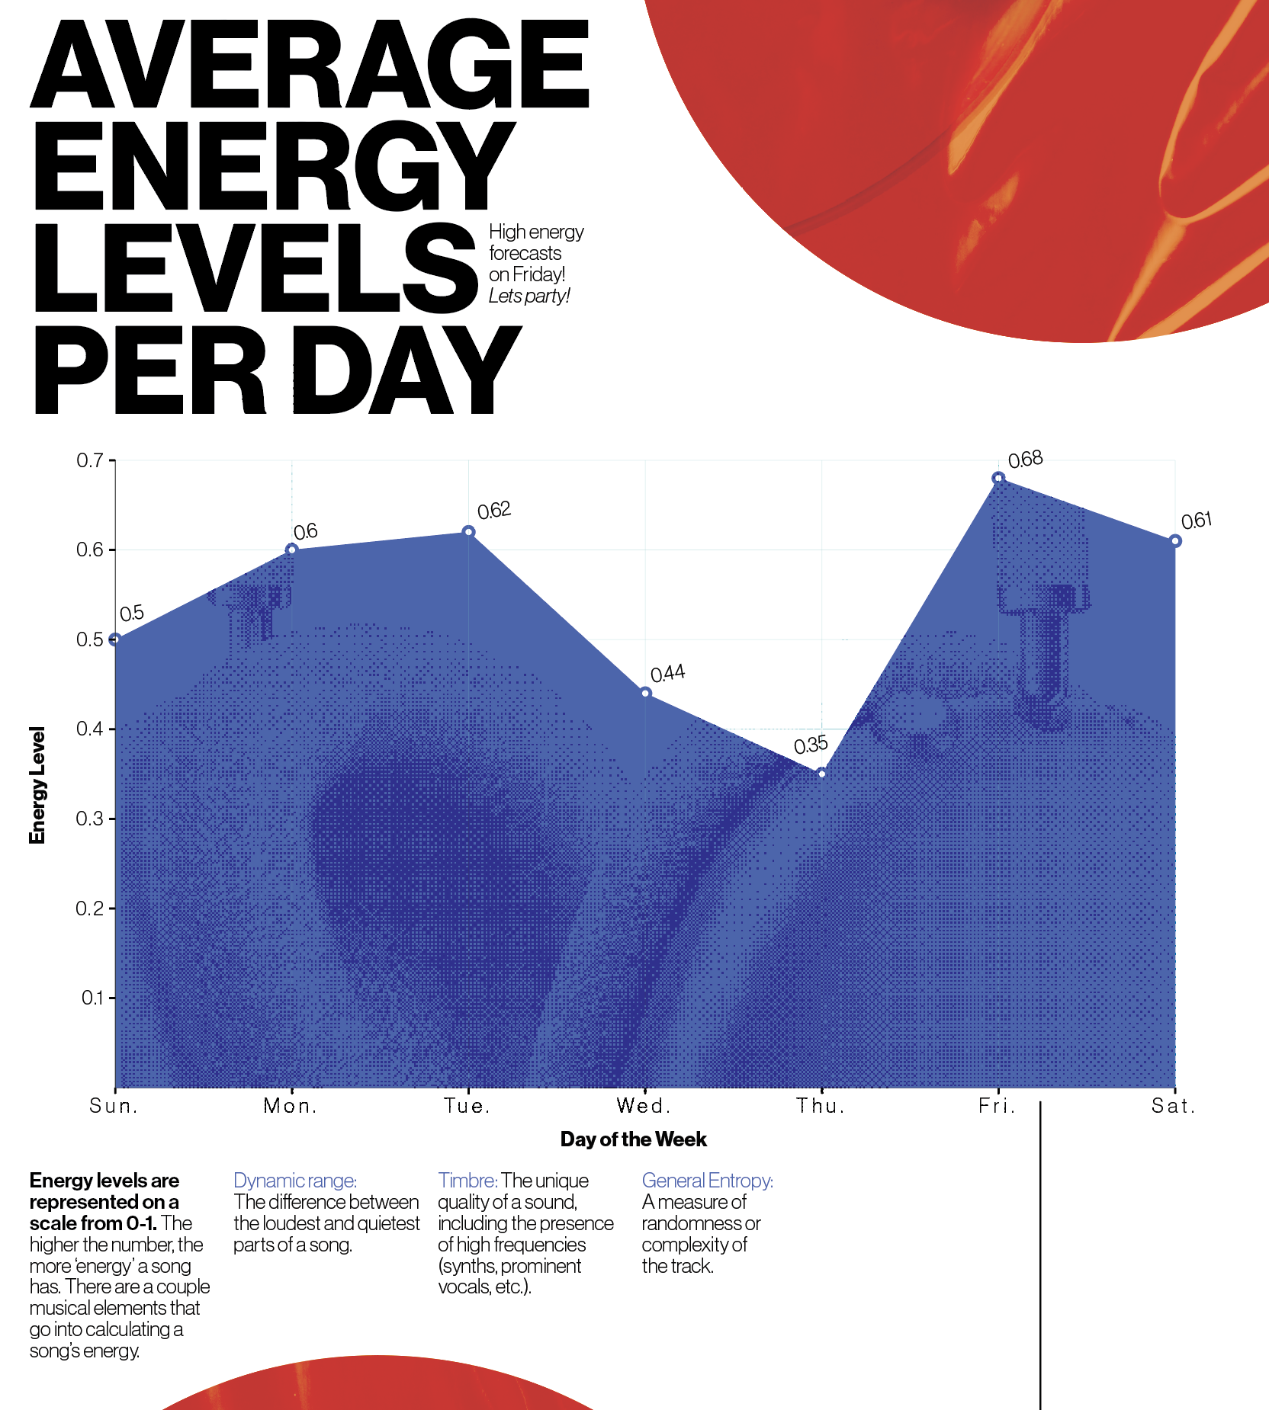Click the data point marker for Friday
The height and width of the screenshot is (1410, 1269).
[998, 479]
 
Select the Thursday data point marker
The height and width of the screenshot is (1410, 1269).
[821, 774]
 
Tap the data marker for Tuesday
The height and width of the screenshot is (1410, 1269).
[469, 532]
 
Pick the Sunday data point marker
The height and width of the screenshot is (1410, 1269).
[115, 639]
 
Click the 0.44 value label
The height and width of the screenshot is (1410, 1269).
[667, 674]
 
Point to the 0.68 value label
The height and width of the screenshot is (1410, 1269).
[1025, 460]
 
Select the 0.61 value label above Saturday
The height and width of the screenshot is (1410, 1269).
[1196, 521]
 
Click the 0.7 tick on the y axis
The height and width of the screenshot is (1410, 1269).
[90, 460]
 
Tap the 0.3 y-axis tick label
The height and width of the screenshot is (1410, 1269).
[90, 819]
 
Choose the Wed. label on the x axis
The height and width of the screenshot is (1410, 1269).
[644, 1106]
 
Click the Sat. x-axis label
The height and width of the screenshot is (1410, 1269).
[1173, 1106]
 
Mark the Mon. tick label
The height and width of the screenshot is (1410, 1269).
[291, 1106]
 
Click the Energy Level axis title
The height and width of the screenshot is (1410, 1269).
[37, 785]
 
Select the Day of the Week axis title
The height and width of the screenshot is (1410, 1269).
[633, 1139]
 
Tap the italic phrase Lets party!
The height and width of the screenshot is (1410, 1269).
[529, 296]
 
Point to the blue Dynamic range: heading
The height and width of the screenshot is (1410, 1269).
[294, 1181]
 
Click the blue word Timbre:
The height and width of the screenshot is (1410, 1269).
[467, 1181]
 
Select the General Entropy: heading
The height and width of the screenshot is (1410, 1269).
[707, 1181]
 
